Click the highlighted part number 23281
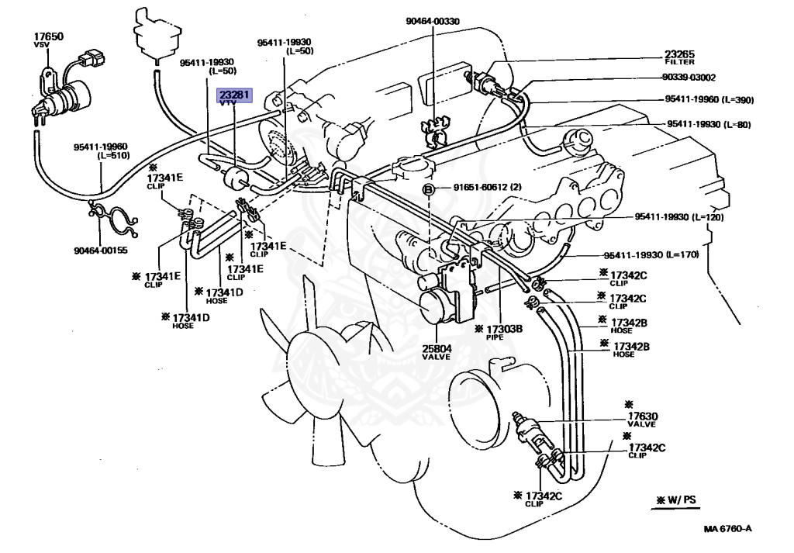(x=234, y=94)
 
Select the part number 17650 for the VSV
(x=49, y=36)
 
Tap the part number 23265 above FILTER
(x=679, y=54)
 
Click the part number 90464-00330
(x=433, y=21)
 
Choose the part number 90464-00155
(x=101, y=251)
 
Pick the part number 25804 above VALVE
(x=437, y=348)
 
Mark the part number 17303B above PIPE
(x=504, y=329)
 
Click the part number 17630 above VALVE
(x=643, y=416)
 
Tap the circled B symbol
(x=428, y=190)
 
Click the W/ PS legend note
(x=676, y=499)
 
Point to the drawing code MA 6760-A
(x=727, y=529)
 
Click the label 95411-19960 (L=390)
(x=709, y=100)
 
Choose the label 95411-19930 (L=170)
(x=651, y=254)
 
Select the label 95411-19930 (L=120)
(x=679, y=217)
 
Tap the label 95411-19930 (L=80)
(x=709, y=125)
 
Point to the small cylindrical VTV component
(x=235, y=178)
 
